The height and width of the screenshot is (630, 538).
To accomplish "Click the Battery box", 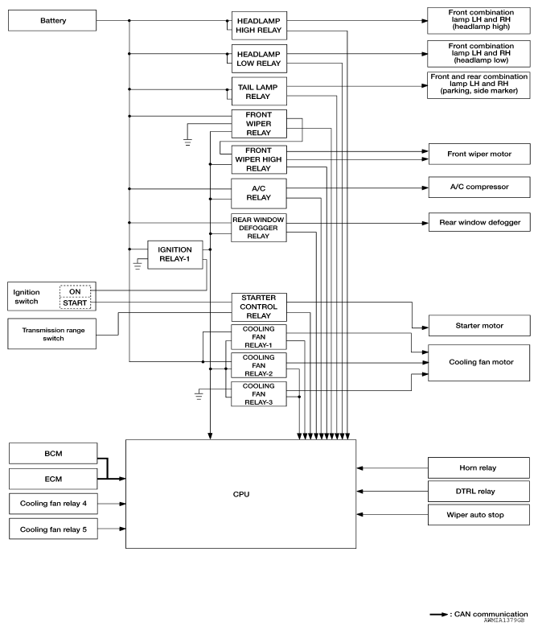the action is [52, 20].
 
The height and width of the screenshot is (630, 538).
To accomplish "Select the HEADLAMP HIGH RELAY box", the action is [259, 25].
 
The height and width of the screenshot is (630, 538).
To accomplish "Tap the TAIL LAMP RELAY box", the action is [259, 91].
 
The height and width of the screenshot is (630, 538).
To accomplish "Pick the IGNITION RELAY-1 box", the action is [175, 255].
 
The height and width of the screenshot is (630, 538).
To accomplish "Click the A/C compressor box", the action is [479, 187].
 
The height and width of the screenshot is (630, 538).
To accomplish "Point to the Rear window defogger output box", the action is [479, 222].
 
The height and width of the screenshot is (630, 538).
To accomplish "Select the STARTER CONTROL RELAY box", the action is [259, 307].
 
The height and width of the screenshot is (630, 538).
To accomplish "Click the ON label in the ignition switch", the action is [75, 291].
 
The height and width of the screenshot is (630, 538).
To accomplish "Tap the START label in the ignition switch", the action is [75, 303].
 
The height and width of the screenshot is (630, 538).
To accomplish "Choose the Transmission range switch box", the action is [51, 334].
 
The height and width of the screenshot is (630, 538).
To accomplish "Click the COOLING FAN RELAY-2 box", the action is [259, 365].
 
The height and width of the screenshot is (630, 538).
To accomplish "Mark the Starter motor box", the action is [479, 325].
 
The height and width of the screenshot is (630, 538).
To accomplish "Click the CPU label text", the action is [241, 494].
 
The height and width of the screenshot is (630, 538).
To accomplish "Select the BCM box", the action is [53, 454].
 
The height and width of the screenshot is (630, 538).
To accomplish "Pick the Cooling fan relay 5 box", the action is [53, 529].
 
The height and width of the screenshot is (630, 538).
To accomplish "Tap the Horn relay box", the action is [478, 467].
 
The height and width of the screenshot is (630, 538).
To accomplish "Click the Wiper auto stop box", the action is [478, 515].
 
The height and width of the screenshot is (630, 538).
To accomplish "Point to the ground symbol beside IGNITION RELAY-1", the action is [138, 266].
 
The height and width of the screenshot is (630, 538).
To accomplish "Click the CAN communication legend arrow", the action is [438, 615].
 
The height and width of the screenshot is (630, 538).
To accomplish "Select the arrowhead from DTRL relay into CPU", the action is [359, 491].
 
